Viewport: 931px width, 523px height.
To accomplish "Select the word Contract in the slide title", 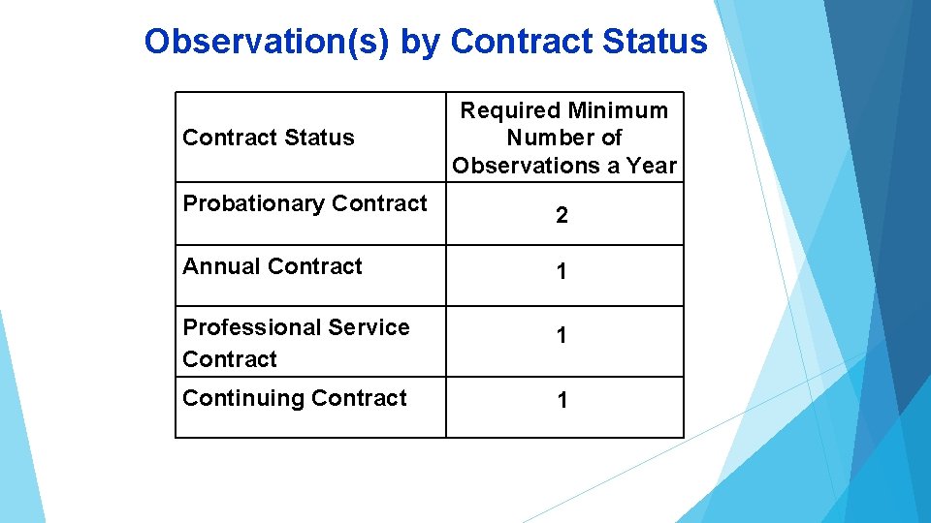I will point(521,42).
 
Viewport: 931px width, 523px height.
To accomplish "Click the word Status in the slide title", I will point(655,42).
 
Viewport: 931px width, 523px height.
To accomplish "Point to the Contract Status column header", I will point(269,138).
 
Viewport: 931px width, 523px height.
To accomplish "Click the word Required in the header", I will point(510,110).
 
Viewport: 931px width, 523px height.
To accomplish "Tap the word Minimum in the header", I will point(618,110).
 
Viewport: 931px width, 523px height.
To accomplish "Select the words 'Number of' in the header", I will point(564,138).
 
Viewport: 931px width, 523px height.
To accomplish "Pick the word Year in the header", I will point(651,166).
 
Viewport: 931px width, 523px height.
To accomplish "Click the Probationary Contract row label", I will point(305,203).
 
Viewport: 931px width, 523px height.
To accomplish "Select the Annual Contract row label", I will point(273,266).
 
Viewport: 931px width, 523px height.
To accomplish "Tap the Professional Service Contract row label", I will point(296,343).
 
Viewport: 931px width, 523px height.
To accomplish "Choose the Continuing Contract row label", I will point(295,398).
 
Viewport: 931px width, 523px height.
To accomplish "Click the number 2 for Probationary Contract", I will point(562,216).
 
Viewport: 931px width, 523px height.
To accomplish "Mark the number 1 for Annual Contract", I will point(562,273).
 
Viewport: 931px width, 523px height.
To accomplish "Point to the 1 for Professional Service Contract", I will point(562,336).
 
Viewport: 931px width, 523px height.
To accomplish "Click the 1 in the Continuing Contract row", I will point(562,401).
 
